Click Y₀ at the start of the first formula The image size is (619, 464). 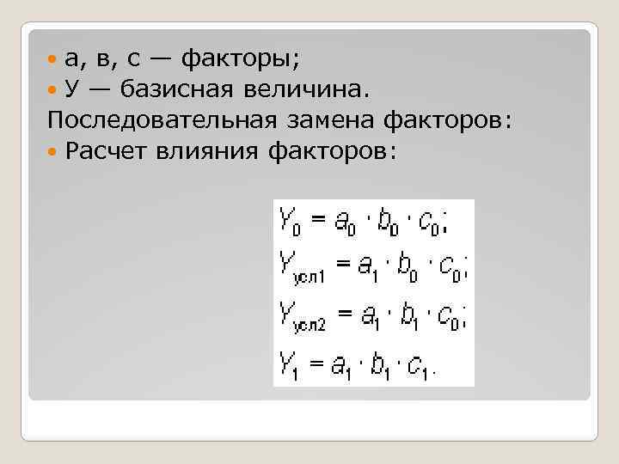289,223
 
